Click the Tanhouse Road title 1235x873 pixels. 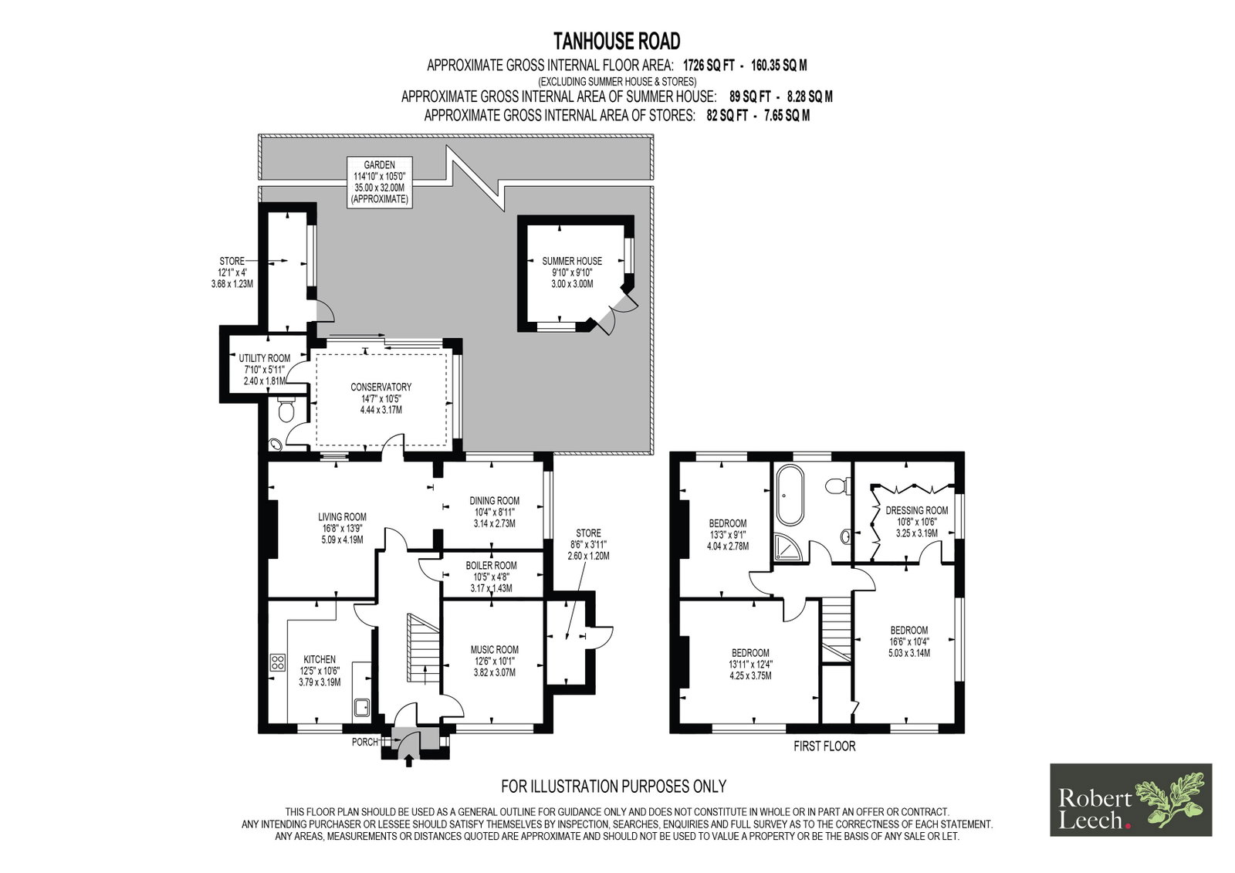point(617,41)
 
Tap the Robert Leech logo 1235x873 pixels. point(1131,800)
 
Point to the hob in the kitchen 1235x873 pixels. point(277,662)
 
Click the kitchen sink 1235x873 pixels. point(362,708)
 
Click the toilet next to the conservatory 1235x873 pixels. point(286,409)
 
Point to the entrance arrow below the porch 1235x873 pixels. point(408,761)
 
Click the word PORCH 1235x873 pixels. point(365,743)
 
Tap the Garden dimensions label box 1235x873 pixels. point(379,182)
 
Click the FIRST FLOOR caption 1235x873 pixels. point(824,746)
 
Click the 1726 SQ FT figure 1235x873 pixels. point(709,66)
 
